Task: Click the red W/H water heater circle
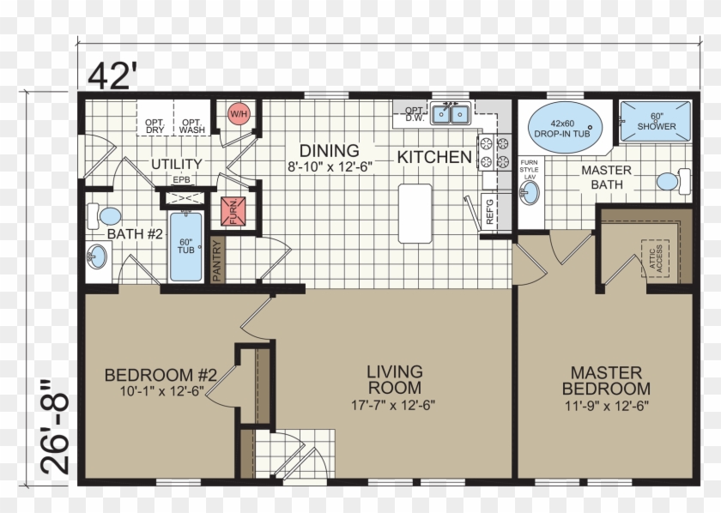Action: (x=239, y=113)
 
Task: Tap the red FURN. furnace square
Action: (x=233, y=211)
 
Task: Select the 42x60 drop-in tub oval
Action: (x=565, y=128)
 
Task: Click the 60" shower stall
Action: (x=655, y=121)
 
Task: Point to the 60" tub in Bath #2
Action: (x=185, y=247)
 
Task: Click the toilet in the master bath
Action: (x=673, y=181)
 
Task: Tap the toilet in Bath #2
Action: (x=105, y=216)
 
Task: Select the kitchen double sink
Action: (x=450, y=114)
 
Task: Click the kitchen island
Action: (x=415, y=214)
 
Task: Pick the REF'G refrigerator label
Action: (x=490, y=211)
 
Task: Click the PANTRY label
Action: (x=217, y=261)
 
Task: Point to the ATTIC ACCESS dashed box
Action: (x=655, y=258)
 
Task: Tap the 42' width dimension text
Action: (x=112, y=75)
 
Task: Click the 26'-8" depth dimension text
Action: (x=54, y=427)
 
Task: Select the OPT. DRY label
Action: (x=155, y=126)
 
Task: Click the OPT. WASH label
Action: (x=191, y=126)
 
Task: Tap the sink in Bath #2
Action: (x=97, y=256)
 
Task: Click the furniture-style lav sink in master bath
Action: (x=530, y=193)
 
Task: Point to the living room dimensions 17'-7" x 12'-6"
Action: (x=393, y=405)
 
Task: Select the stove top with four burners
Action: (x=494, y=153)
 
